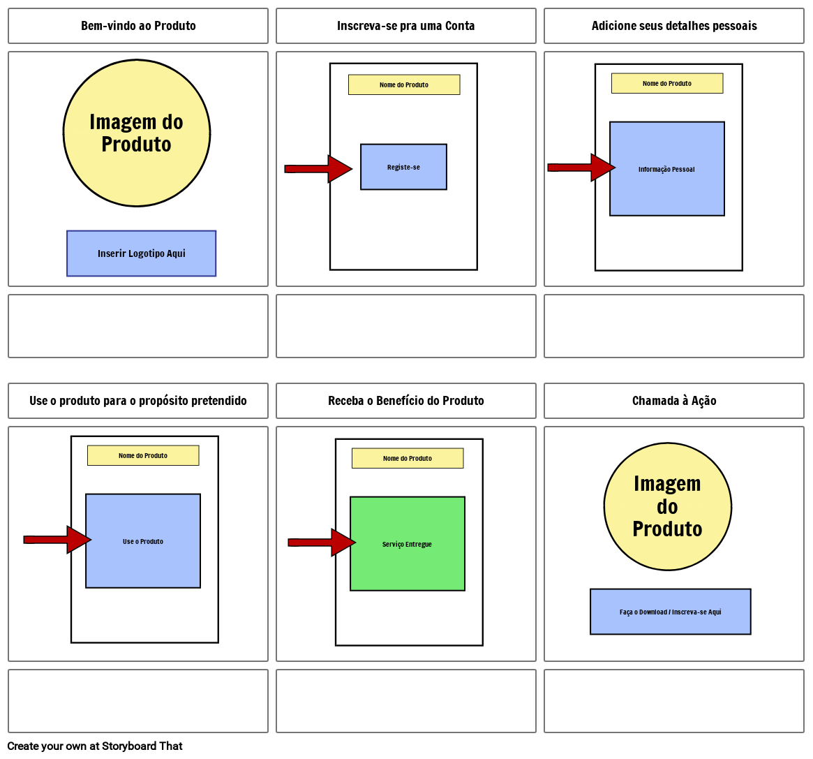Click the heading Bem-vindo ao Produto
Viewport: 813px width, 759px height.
coord(138,26)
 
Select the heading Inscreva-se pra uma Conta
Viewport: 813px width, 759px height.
coord(405,26)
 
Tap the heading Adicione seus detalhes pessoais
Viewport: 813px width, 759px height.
coord(674,26)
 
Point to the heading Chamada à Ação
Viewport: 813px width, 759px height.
coord(674,401)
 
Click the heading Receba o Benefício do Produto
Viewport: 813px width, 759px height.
coord(405,401)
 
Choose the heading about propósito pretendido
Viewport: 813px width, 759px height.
coord(138,401)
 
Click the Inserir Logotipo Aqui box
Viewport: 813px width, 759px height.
coord(141,253)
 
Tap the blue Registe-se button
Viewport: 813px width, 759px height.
coord(403,167)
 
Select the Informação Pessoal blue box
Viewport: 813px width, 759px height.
coord(666,169)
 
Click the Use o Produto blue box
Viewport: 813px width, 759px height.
coord(143,541)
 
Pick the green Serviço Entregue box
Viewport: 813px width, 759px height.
coord(407,544)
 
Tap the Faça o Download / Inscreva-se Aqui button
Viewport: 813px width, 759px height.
coord(670,612)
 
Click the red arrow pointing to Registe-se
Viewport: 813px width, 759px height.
coord(318,169)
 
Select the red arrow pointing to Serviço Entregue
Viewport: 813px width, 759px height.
coord(322,543)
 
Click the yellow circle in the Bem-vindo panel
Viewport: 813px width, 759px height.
coord(137,133)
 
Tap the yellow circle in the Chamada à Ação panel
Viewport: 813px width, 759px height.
coord(667,506)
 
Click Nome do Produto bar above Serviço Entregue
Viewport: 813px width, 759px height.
coord(407,458)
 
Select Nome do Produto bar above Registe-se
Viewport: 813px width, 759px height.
coord(403,84)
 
